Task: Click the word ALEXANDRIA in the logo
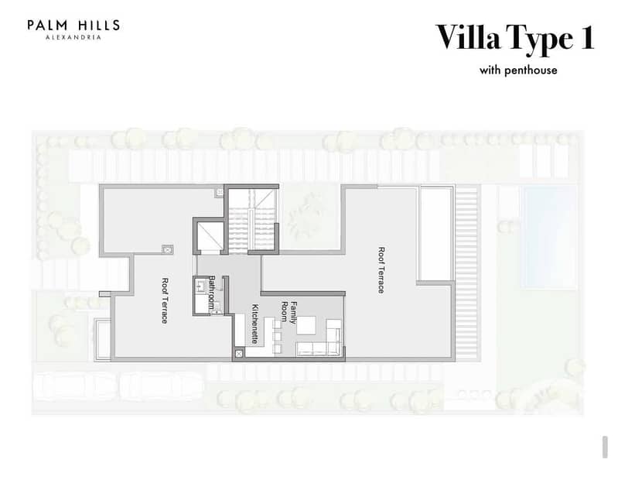[x=73, y=37]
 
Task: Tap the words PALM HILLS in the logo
[x=73, y=26]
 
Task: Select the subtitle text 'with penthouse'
[x=518, y=70]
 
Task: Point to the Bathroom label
[x=212, y=293]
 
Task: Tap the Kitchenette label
[x=255, y=324]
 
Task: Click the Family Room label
[x=289, y=312]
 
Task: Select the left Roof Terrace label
[x=166, y=300]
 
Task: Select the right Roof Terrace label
[x=381, y=270]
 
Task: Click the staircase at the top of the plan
[x=252, y=220]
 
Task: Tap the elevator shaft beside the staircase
[x=210, y=237]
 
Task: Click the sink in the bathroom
[x=200, y=286]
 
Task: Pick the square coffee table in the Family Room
[x=306, y=325]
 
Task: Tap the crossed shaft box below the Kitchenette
[x=239, y=354]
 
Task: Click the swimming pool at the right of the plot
[x=548, y=237]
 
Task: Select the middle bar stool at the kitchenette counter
[x=277, y=336]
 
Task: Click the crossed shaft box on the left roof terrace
[x=168, y=249]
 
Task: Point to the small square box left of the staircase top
[x=220, y=193]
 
